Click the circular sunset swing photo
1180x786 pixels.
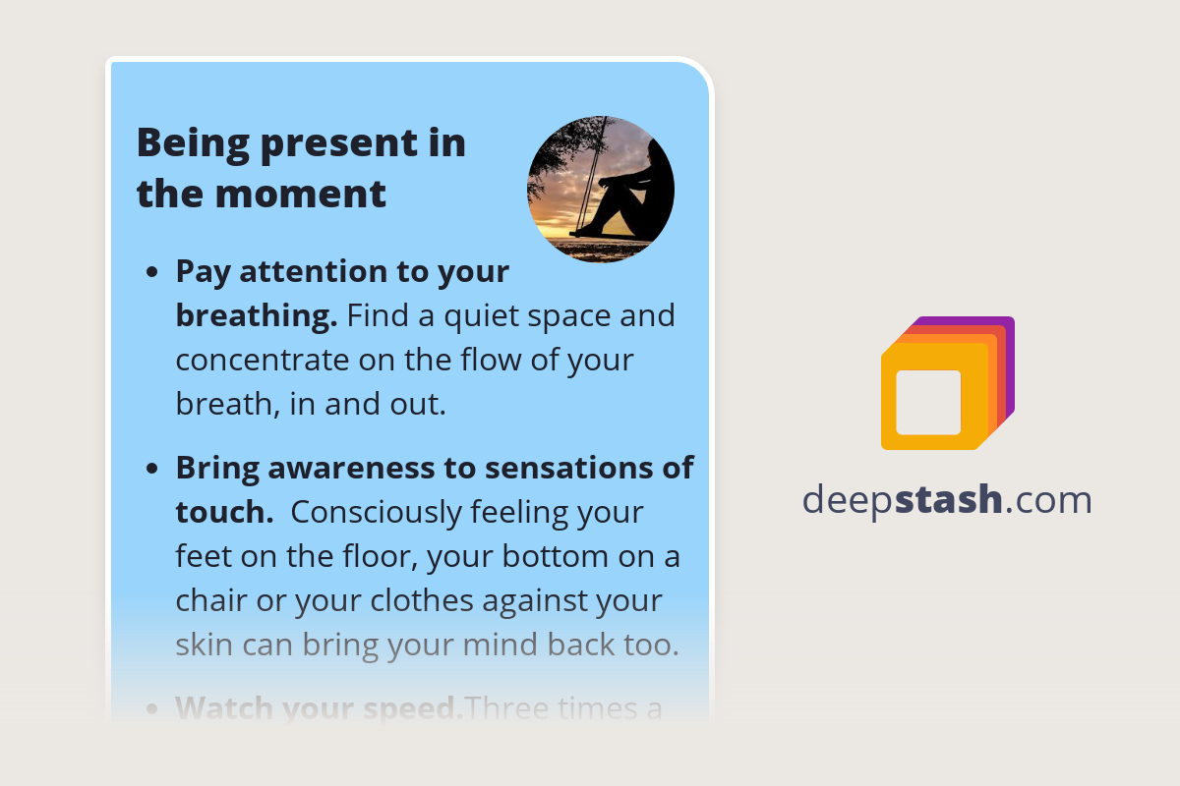point(601,190)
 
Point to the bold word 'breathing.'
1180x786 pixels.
point(256,316)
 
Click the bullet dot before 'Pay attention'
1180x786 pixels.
point(152,272)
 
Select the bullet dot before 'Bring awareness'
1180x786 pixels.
point(152,469)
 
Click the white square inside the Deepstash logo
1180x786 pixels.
point(928,402)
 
